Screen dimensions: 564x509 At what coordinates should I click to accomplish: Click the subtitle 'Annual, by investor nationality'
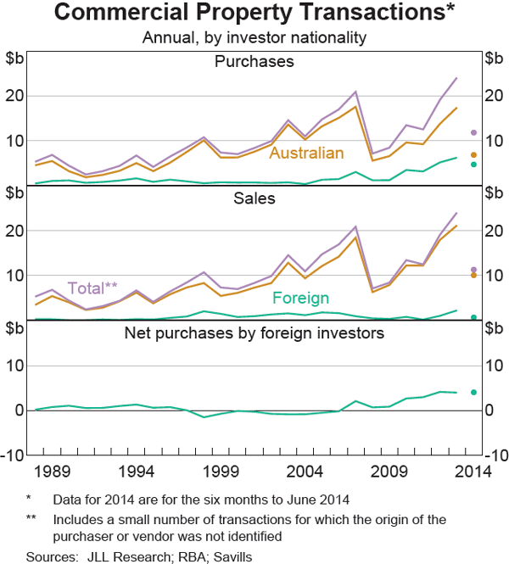coord(255,37)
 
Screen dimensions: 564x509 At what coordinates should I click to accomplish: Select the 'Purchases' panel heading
coord(255,62)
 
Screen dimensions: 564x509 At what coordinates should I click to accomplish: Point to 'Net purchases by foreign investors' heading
coord(255,332)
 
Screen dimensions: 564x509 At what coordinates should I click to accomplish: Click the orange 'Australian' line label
coord(306,154)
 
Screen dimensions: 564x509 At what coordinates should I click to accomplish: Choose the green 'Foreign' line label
coord(302,299)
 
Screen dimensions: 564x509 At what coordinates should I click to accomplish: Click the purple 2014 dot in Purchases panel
coord(473,133)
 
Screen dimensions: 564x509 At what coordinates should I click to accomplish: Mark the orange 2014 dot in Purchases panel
coord(473,154)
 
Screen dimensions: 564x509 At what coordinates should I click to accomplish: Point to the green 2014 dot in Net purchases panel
coord(473,392)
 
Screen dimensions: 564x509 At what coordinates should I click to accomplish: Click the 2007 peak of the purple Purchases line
coord(355,92)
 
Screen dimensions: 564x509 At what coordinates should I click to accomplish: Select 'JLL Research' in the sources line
coord(118,556)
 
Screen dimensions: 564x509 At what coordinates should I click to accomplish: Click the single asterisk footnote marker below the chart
coord(29,500)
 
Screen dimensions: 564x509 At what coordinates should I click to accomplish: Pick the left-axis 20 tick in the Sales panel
coord(16,231)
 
